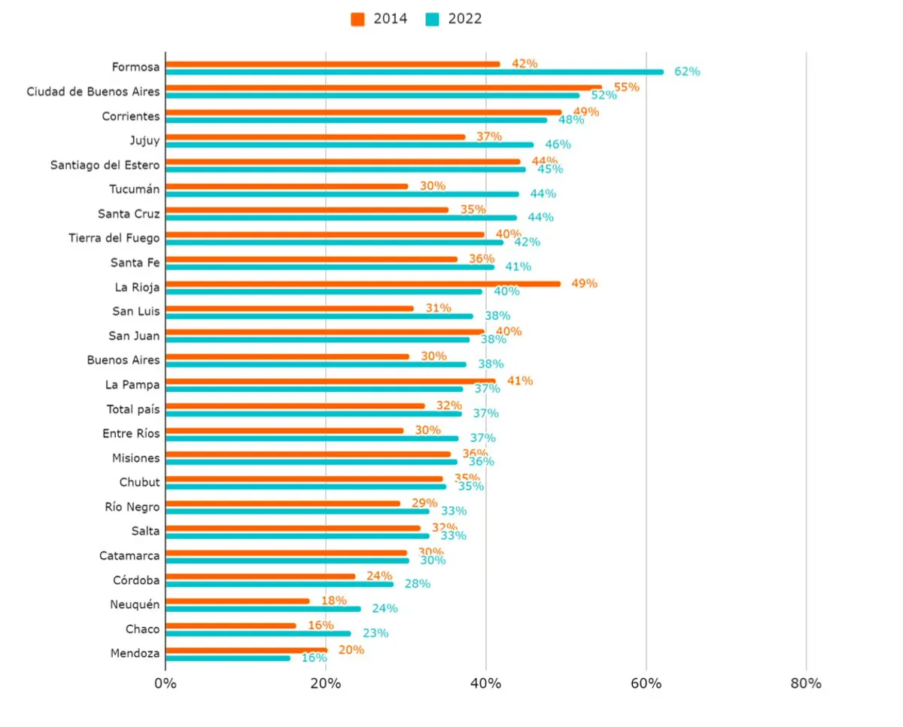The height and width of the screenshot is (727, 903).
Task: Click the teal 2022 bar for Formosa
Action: [414, 72]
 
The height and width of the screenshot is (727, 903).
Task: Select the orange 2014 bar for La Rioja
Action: [363, 284]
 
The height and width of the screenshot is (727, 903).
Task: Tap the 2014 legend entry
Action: [379, 20]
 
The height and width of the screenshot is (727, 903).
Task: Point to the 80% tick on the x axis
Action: [806, 684]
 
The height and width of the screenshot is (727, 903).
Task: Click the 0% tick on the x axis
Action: [166, 684]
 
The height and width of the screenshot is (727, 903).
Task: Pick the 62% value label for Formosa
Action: [686, 72]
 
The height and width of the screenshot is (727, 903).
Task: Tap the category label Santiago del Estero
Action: [105, 165]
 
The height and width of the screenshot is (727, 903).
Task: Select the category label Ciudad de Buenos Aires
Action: [93, 92]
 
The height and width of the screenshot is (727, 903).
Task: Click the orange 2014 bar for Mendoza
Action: [246, 650]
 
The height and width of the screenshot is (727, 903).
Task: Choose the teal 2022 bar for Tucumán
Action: [342, 194]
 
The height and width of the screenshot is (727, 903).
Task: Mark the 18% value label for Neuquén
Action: [333, 600]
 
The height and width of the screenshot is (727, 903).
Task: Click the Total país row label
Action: [133, 409]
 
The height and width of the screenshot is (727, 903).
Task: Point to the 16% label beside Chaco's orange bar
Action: [321, 625]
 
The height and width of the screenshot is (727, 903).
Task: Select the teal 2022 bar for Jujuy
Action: [349, 145]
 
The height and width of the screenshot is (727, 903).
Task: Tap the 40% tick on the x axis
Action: [485, 684]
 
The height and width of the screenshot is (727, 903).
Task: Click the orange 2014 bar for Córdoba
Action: [260, 576]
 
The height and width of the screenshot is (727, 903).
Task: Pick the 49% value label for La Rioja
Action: [584, 283]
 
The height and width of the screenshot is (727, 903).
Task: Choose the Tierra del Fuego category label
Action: [114, 238]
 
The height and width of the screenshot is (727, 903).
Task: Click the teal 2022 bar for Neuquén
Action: [263, 609]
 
